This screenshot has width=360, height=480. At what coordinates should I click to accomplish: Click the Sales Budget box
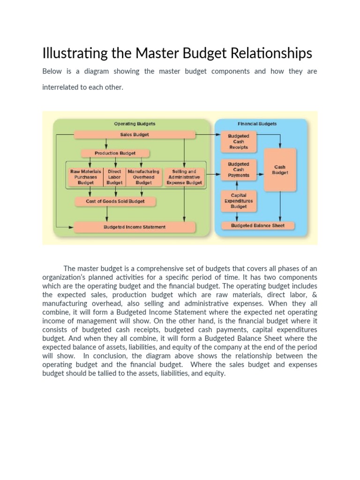[x=135, y=135]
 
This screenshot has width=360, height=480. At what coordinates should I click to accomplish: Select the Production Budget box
[x=115, y=153]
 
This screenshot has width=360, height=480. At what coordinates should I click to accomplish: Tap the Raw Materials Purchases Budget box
[x=85, y=177]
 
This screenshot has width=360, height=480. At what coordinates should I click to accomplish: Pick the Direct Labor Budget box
[x=114, y=177]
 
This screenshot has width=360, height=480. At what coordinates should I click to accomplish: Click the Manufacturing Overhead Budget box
[x=143, y=177]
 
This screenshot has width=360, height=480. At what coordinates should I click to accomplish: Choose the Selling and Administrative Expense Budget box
[x=184, y=177]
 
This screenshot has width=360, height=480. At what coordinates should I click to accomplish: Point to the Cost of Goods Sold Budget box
[x=115, y=202]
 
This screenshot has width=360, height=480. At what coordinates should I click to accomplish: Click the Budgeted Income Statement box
[x=135, y=227]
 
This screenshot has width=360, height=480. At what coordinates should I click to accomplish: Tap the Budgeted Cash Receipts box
[x=239, y=142]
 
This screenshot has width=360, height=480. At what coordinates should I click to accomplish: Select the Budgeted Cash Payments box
[x=239, y=170]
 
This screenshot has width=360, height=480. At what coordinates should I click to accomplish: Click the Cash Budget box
[x=280, y=170]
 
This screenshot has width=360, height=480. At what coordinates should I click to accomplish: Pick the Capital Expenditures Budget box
[x=239, y=201]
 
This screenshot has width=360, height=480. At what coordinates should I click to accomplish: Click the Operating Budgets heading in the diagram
[x=135, y=124]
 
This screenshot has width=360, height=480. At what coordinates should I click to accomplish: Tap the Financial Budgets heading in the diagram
[x=257, y=124]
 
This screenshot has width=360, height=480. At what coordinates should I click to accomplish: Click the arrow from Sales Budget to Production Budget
[x=107, y=144]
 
